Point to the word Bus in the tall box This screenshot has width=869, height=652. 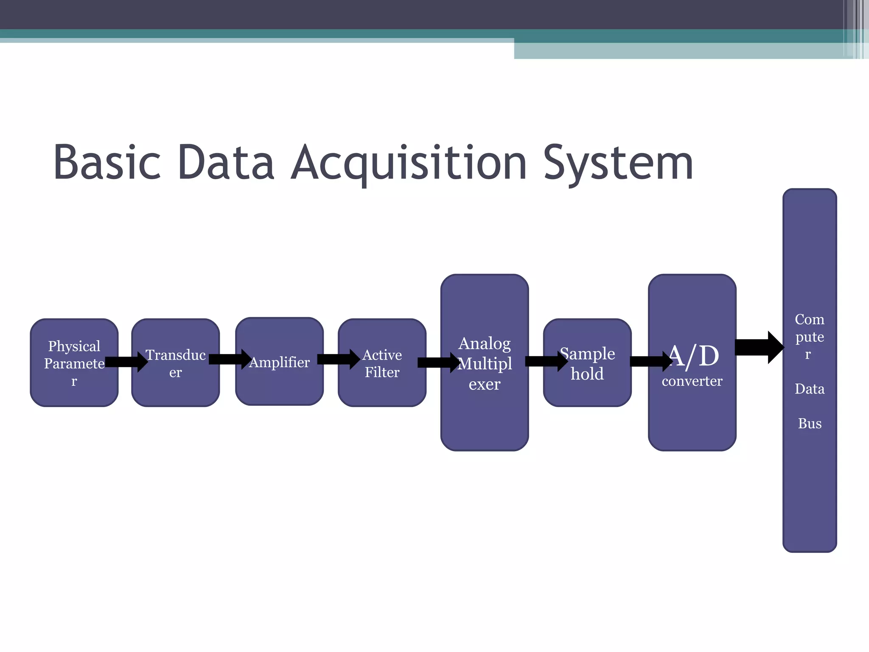pyautogui.click(x=810, y=424)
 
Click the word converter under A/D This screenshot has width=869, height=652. pyautogui.click(x=692, y=381)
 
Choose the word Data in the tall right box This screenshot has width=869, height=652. pyautogui.click(x=810, y=389)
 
